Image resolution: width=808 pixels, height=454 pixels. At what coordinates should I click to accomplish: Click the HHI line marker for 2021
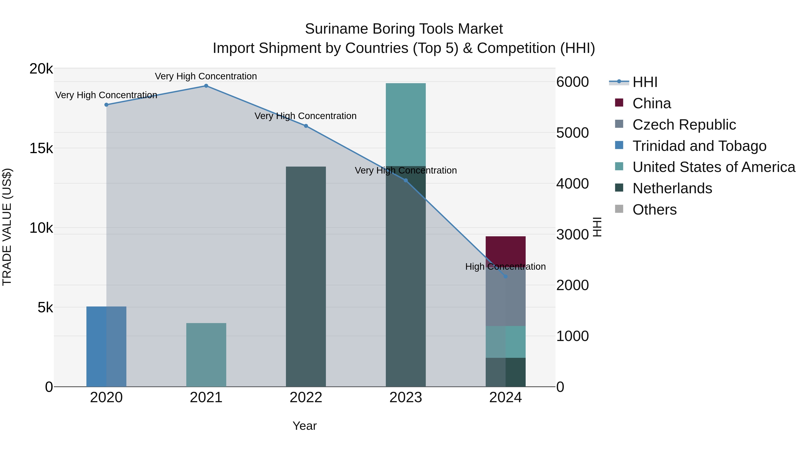(206, 86)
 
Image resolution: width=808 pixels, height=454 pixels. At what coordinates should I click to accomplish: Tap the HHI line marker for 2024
(505, 276)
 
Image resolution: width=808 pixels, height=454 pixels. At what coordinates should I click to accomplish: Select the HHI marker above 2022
(306, 126)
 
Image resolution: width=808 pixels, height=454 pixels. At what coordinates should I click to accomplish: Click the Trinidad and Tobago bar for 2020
(106, 346)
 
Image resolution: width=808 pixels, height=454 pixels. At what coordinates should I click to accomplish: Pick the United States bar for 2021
(206, 355)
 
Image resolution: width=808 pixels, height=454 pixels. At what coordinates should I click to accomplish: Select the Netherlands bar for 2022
(306, 276)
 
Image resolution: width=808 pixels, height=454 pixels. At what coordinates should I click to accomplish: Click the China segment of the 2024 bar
(505, 251)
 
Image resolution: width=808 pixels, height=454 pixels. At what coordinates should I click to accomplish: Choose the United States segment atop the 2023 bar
(406, 124)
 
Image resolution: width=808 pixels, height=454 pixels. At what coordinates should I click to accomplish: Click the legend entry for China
(652, 103)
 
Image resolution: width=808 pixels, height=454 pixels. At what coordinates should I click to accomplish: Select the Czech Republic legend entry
(684, 125)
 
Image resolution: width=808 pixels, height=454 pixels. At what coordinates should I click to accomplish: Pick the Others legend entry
(654, 210)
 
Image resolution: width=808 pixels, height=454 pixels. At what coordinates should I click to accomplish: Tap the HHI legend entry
(645, 82)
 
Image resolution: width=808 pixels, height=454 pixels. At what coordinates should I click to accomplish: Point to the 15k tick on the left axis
(41, 148)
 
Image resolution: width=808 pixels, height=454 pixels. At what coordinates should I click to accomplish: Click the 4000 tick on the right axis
(572, 184)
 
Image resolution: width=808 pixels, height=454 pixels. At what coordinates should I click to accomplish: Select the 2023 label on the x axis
(406, 398)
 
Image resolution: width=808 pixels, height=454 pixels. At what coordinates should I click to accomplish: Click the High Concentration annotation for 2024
(505, 267)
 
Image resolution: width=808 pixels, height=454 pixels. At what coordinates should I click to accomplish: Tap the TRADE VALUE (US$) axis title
(7, 227)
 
